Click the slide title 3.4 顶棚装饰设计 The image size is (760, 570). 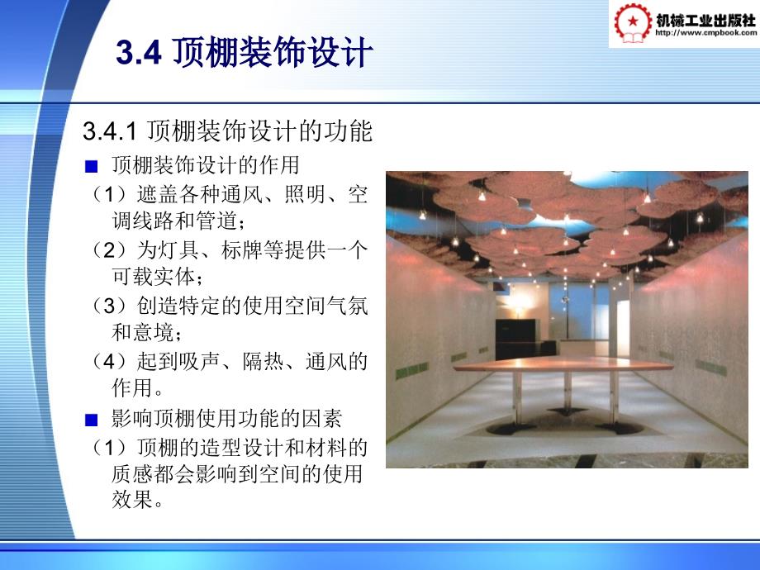[x=245, y=52]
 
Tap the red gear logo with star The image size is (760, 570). [x=633, y=23]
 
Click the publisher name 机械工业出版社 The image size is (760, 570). [x=705, y=20]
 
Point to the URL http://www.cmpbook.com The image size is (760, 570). [x=705, y=33]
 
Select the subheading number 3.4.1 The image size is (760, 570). [x=110, y=131]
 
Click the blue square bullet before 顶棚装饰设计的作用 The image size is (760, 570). [x=91, y=167]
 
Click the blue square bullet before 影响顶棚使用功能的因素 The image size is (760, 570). [x=91, y=420]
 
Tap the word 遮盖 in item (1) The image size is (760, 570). [x=158, y=194]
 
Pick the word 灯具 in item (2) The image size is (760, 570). [x=179, y=250]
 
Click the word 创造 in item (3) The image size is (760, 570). [x=158, y=306]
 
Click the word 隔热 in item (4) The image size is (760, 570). [x=264, y=362]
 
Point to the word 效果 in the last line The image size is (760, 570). [x=132, y=499]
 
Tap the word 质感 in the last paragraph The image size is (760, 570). [x=132, y=473]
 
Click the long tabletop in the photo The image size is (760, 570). [x=563, y=364]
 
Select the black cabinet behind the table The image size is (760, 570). [x=515, y=340]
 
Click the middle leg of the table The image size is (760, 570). [x=568, y=391]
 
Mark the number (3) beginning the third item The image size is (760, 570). [x=110, y=306]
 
